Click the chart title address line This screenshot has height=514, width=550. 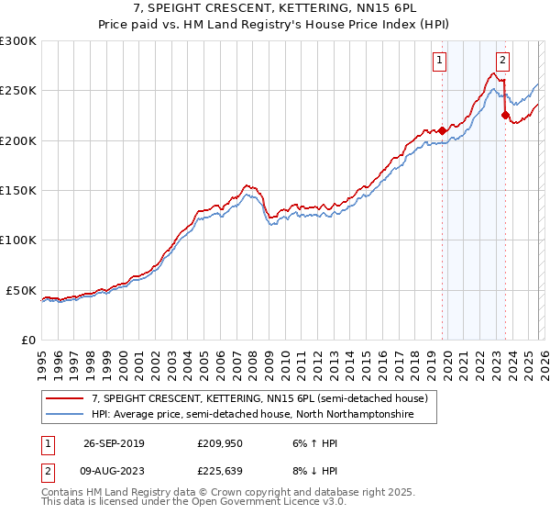coord(274,8)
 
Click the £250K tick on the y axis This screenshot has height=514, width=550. coord(18,91)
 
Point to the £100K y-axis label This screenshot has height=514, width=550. coord(18,240)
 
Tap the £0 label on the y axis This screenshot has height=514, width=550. coord(27,340)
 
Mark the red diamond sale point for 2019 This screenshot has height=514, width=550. coord(442,130)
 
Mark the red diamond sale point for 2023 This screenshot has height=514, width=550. coord(505,115)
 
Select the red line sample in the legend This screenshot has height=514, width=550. coord(66,398)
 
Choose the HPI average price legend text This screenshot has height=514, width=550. coord(252,415)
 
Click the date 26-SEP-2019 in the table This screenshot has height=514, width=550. coord(113,443)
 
